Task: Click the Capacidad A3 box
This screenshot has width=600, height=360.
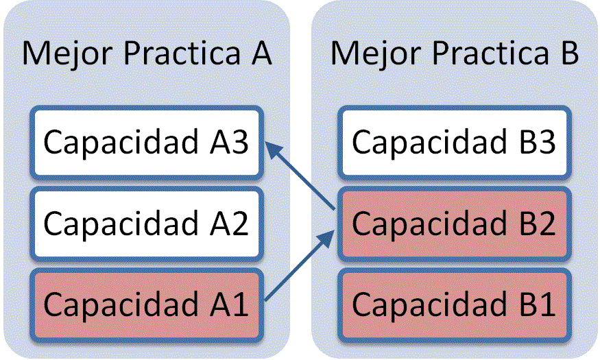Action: tap(146, 143)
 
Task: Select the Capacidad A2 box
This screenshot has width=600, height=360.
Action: tap(146, 224)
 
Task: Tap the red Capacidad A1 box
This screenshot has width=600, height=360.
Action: tap(146, 304)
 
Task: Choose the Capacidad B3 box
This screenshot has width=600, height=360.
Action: tap(453, 143)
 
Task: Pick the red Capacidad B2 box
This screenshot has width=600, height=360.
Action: tap(453, 224)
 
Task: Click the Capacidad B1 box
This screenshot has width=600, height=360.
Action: tap(453, 304)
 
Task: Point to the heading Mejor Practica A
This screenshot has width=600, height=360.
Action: tap(146, 53)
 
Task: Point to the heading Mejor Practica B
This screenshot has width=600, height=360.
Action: tap(454, 53)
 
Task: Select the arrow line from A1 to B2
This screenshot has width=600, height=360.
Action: tap(296, 268)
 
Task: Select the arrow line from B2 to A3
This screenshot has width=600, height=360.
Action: tap(302, 177)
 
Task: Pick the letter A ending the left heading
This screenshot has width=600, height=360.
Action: tap(258, 53)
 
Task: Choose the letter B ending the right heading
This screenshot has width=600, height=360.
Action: tap(566, 53)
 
